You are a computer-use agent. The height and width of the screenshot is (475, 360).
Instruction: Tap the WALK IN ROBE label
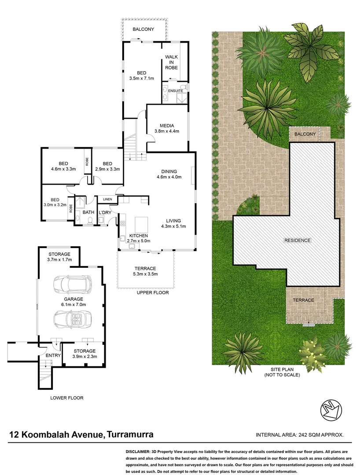pos(171,62)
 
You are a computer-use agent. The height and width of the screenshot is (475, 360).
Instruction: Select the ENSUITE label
pos(175,91)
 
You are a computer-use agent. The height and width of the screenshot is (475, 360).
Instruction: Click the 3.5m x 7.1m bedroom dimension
pos(141,79)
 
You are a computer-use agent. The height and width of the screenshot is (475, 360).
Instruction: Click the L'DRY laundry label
pos(104,212)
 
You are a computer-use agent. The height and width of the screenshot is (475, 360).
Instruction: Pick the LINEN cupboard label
pos(108,199)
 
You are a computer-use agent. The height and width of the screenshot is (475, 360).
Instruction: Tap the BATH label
pos(88,212)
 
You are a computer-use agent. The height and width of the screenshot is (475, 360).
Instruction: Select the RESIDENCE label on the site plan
pos(297,240)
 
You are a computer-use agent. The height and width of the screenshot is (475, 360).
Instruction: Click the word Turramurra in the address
pos(130,435)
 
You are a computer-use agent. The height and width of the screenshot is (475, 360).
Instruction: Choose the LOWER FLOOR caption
pos(66,398)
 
